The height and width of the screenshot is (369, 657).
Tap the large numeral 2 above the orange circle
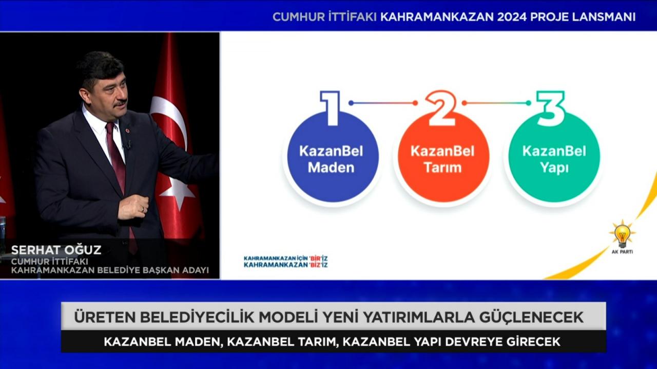[x=441, y=108]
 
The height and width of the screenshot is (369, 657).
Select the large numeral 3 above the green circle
[x=551, y=109]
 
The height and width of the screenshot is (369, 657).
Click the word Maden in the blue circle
[x=331, y=168]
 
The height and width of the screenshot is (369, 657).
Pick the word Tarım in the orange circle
[x=443, y=168]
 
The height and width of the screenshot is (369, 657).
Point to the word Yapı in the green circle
[x=554, y=169]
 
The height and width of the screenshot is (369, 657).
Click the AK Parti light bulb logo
[x=622, y=236]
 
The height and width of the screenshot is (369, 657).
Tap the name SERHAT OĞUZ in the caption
[x=56, y=250]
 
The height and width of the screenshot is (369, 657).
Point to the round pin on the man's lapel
[x=127, y=130]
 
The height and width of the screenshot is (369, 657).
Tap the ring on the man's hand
[x=143, y=210]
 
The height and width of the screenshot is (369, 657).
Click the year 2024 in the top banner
[x=512, y=17]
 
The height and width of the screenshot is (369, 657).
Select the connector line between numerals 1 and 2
[x=383, y=103]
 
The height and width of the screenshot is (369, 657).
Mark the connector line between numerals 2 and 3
[x=496, y=103]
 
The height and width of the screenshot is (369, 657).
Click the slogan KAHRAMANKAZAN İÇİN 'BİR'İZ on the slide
[x=286, y=258]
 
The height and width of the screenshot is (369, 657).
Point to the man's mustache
[x=120, y=103]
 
